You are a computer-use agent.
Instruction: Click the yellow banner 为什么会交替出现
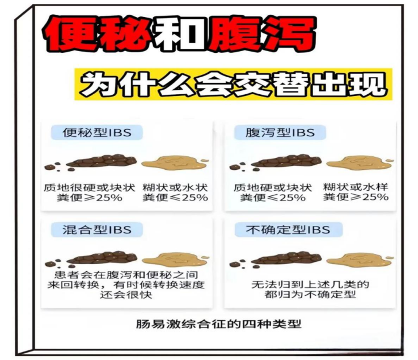(x=233, y=85)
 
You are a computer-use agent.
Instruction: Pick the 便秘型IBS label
(x=97, y=133)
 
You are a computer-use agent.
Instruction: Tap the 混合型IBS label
(x=97, y=229)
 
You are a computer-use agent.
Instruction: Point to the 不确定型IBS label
(x=288, y=229)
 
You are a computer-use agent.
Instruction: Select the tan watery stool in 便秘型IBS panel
(x=173, y=164)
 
